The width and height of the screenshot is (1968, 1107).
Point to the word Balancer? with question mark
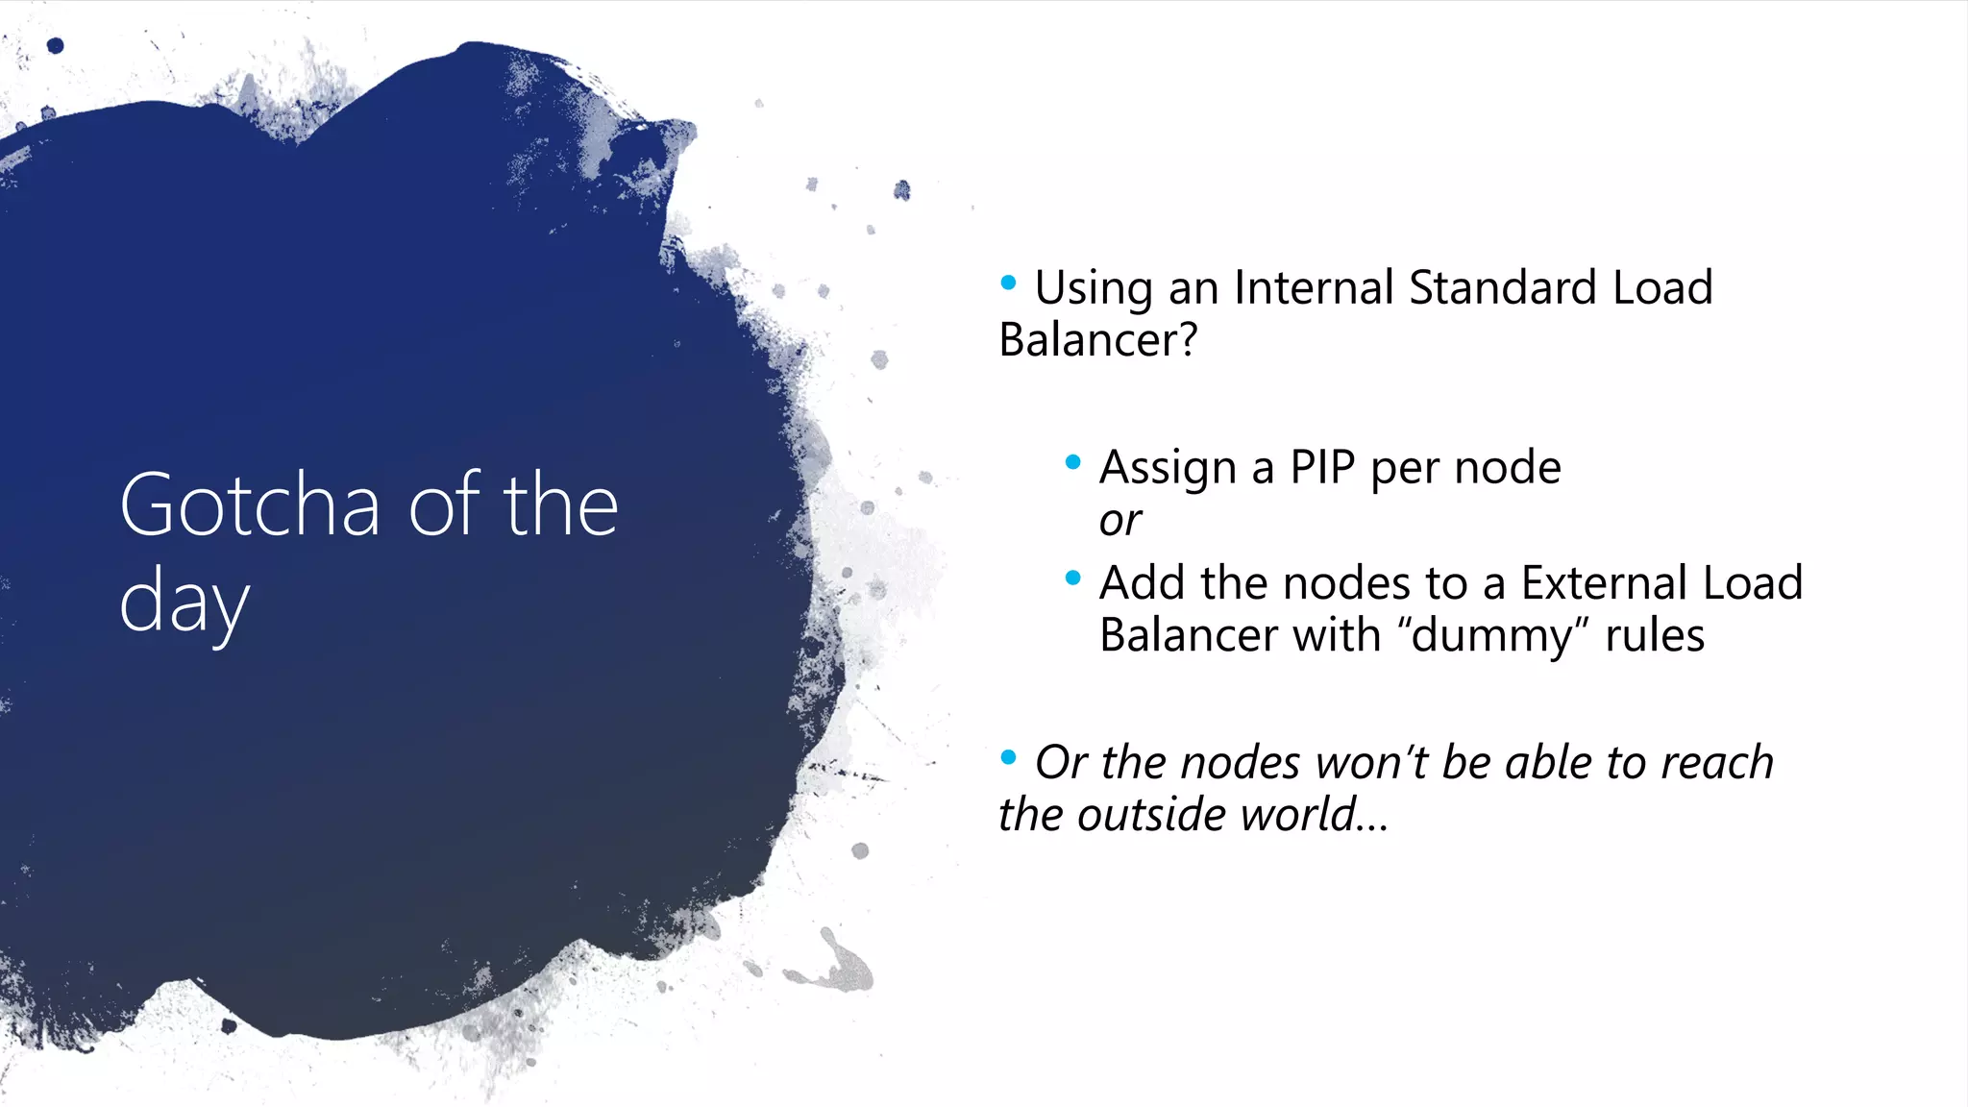pos(1098,340)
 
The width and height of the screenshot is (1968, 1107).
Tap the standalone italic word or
pos(1120,521)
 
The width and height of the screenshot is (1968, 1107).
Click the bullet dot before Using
pos(1008,283)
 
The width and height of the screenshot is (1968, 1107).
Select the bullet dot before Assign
pos(1073,463)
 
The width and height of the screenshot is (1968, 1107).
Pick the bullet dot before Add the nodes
pos(1073,578)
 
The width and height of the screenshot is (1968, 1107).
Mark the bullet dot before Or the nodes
pos(1008,757)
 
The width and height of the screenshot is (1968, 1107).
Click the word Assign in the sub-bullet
pos(1168,468)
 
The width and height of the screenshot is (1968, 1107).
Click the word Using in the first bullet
pos(1094,287)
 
